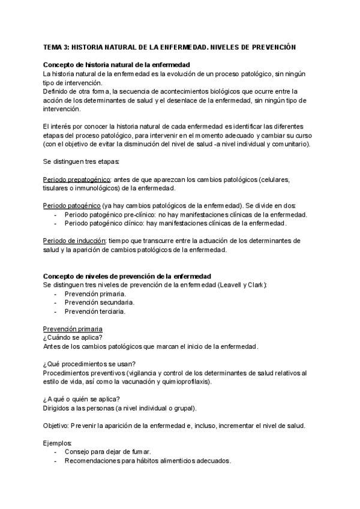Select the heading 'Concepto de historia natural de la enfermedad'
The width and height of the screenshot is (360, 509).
tap(116, 64)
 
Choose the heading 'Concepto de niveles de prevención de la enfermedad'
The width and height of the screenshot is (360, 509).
tap(127, 276)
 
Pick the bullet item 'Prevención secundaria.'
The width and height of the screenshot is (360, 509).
tap(100, 303)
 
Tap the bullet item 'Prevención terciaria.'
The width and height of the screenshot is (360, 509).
tap(95, 312)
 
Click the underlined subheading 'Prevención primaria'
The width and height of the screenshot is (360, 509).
tap(73, 329)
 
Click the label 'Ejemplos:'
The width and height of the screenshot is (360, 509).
tap(57, 443)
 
